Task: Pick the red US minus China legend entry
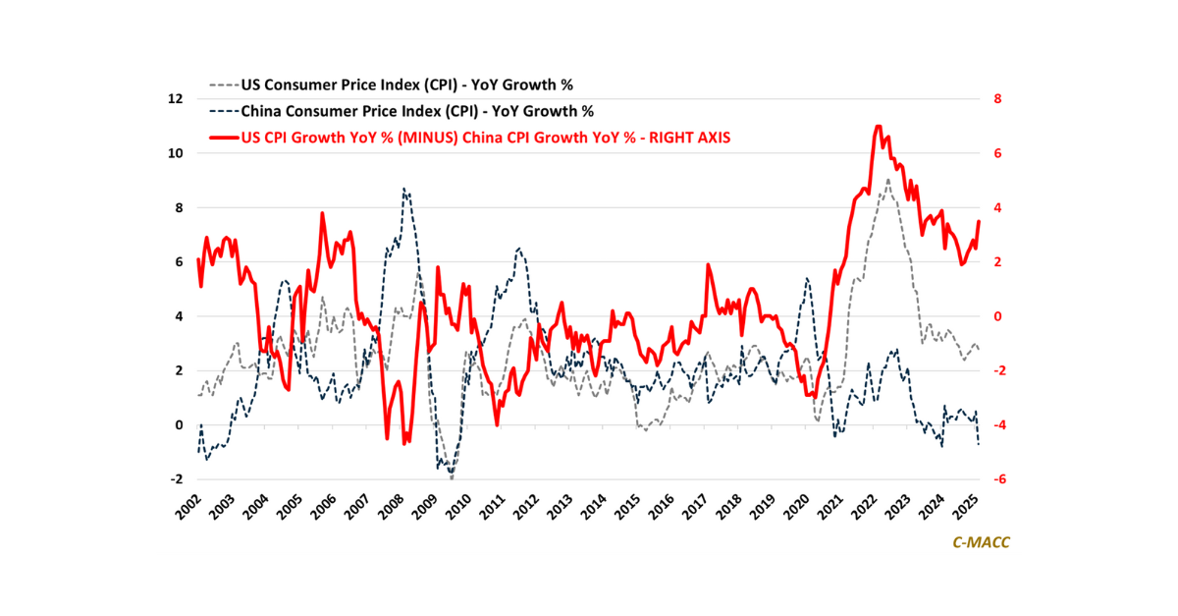471,138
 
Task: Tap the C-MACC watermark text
981,541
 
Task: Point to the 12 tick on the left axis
176,99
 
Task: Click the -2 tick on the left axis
177,479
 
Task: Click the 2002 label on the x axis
188,507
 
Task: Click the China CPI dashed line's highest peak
404,189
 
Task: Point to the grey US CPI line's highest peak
887,180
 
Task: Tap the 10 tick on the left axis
176,153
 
